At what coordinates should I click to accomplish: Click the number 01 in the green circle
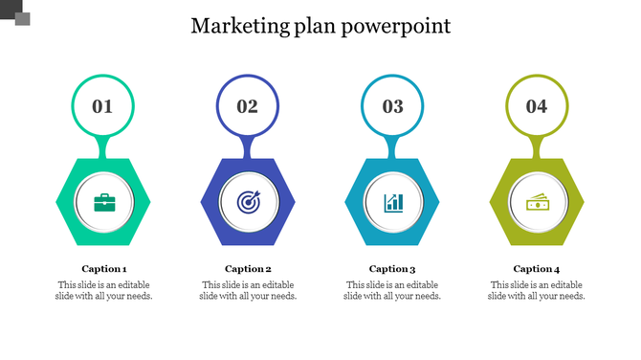coord(102,106)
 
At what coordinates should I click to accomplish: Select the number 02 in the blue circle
coord(248,106)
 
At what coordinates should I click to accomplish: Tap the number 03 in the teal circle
coord(393,106)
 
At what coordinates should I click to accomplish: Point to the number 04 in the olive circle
coord(537,106)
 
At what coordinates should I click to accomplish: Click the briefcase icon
coord(104,202)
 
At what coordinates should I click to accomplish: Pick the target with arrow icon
coord(248,202)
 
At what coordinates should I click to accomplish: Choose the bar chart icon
coord(393,202)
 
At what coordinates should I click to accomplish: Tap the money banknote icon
coord(537,202)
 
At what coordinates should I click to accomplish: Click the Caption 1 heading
coord(104,269)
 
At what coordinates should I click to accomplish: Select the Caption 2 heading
coord(249,269)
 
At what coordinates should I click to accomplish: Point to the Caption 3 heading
coord(392,269)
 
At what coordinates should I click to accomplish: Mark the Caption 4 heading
coord(537,269)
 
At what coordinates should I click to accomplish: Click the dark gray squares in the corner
coord(16,12)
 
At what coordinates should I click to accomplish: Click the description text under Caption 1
coord(104,290)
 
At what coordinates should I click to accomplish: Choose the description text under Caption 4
coord(537,290)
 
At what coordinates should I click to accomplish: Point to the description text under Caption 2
coord(249,290)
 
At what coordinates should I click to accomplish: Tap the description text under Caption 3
coord(392,290)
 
